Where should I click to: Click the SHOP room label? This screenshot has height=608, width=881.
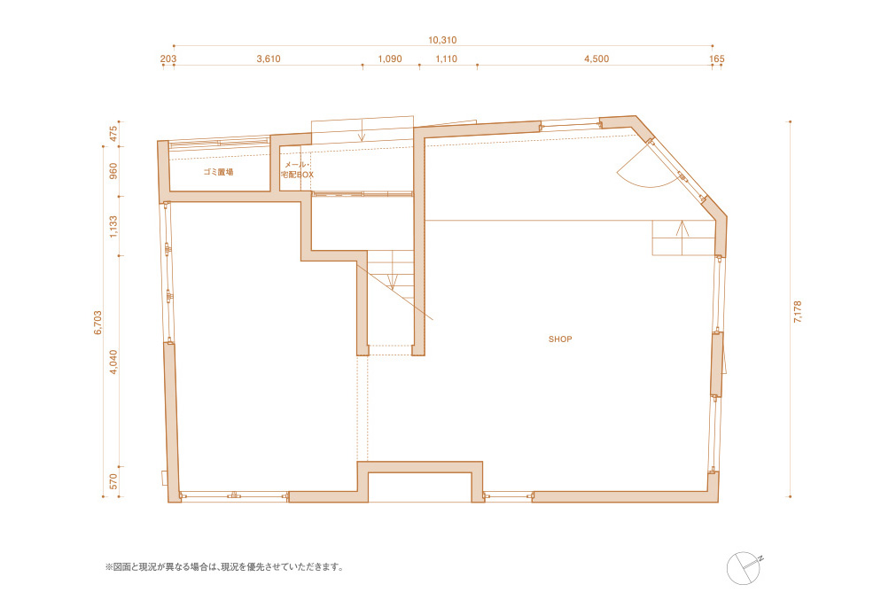click(x=560, y=339)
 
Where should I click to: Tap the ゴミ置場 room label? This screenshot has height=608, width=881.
click(x=218, y=172)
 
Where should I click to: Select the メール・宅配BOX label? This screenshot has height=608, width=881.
click(x=297, y=170)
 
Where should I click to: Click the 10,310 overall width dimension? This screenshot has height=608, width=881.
click(x=441, y=40)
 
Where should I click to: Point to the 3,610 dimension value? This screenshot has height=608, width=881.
click(x=269, y=58)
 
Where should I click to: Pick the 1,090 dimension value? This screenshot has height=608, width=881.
click(x=390, y=58)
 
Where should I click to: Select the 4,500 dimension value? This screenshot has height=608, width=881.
click(x=596, y=58)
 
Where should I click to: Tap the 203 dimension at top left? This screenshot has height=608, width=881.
click(x=168, y=58)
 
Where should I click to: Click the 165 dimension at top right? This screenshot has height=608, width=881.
click(x=717, y=58)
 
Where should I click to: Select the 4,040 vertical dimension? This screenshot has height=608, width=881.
click(x=113, y=362)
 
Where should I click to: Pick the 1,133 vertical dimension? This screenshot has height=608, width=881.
click(x=113, y=229)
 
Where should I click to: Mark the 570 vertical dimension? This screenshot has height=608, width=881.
click(x=113, y=482)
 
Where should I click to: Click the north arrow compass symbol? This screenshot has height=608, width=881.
click(x=744, y=567)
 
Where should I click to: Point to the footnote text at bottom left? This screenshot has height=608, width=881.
click(x=223, y=566)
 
